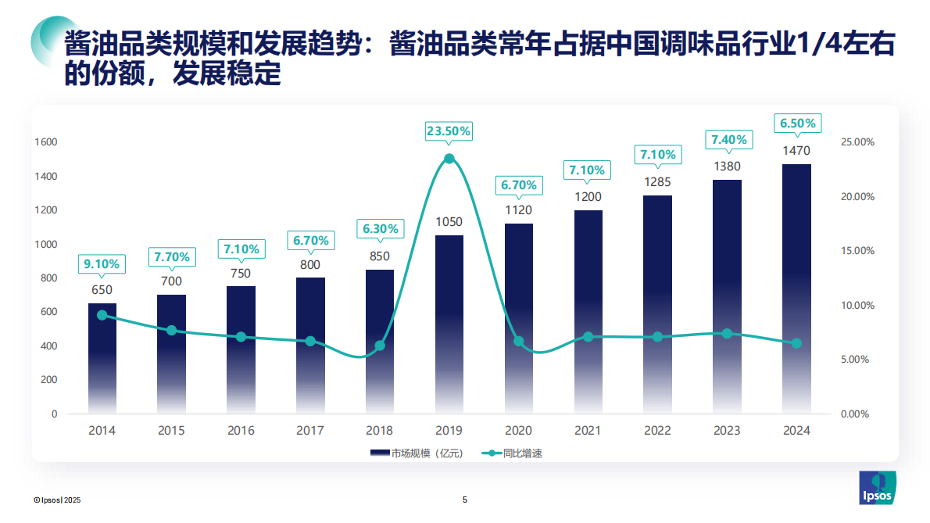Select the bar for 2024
tap(796, 289)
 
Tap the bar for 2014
tap(102, 360)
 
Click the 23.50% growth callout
tap(449, 131)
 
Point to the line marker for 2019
tap(449, 159)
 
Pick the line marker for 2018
tap(380, 346)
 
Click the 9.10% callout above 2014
tap(102, 264)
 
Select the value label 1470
tap(796, 151)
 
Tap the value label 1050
tap(449, 222)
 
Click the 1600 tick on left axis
tap(46, 142)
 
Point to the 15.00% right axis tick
tap(857, 251)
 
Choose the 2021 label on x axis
tap(588, 431)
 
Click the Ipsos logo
tap(878, 489)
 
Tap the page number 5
tap(465, 500)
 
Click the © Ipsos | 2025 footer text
tap(57, 500)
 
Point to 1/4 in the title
tap(816, 45)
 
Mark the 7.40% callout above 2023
tap(728, 140)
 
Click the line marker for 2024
tap(796, 343)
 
